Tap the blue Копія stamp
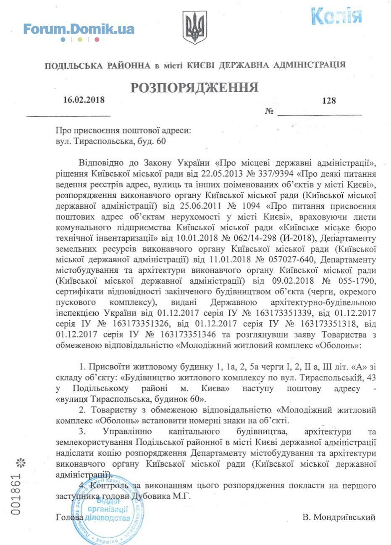pos(336,16)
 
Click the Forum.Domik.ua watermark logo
pos(79,29)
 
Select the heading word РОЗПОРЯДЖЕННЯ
pos(194,88)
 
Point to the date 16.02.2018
pos(84,100)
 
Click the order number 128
pos(329,101)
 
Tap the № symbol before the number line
pos(269,112)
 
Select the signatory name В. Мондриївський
pos(339,517)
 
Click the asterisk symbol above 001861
pos(20,463)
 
